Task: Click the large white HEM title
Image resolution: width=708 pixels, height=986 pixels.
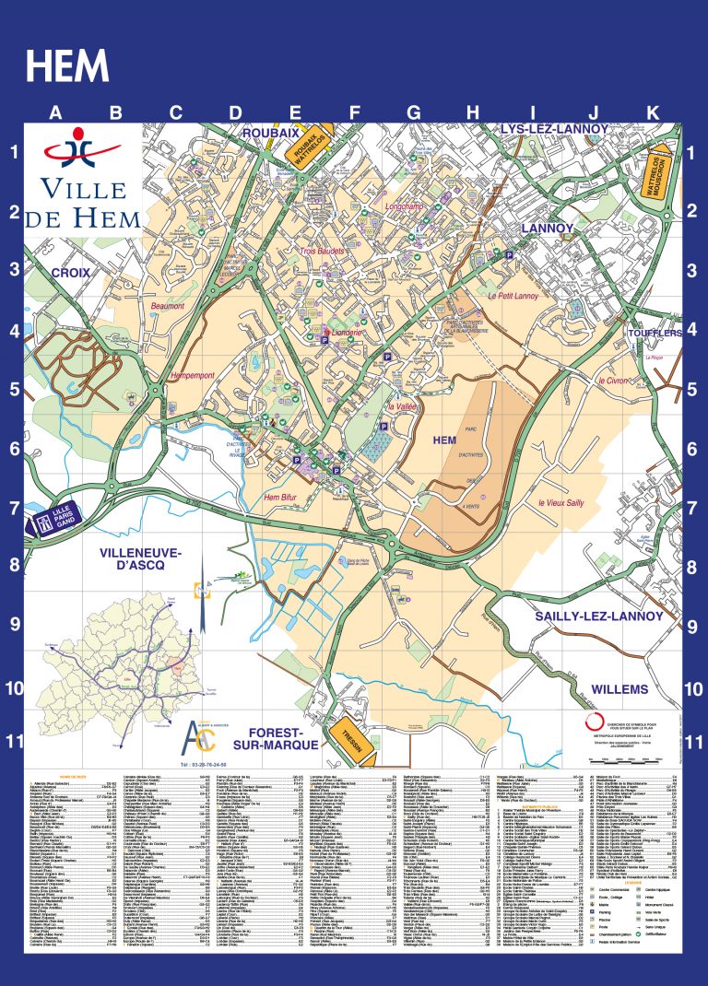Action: pyautogui.click(x=67, y=66)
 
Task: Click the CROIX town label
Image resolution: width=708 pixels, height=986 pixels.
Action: pyautogui.click(x=70, y=273)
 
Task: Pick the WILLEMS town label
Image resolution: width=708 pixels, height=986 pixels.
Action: pyautogui.click(x=619, y=688)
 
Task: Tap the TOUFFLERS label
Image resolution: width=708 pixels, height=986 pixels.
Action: pyautogui.click(x=655, y=332)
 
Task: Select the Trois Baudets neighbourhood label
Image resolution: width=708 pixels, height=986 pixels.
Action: pyautogui.click(x=322, y=251)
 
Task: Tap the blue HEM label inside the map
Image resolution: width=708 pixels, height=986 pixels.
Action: pyautogui.click(x=444, y=440)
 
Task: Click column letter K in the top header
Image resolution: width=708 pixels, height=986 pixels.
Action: pyautogui.click(x=653, y=113)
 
